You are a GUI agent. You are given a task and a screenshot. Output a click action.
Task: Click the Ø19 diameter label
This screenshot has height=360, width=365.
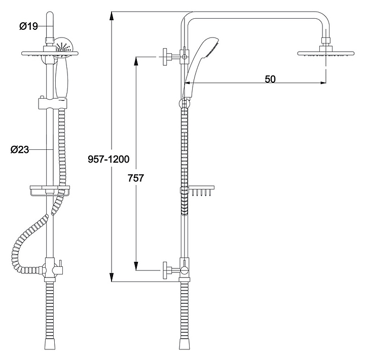(x=28, y=26)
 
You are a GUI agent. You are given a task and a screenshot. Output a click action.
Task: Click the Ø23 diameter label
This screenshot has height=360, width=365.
(x=20, y=149)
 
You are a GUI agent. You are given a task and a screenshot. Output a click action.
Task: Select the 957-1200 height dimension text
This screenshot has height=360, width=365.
(x=108, y=159)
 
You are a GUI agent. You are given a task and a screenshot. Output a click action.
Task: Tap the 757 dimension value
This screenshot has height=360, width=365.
(x=136, y=178)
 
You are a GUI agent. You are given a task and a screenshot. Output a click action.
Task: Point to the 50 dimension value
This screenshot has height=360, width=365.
(x=270, y=79)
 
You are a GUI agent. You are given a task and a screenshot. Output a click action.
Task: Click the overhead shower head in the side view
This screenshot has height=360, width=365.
(x=325, y=53)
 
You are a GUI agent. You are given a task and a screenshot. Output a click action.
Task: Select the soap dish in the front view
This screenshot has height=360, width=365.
(x=50, y=191)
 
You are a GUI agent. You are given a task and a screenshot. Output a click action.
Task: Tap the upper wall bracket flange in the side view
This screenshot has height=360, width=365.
(x=165, y=57)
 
